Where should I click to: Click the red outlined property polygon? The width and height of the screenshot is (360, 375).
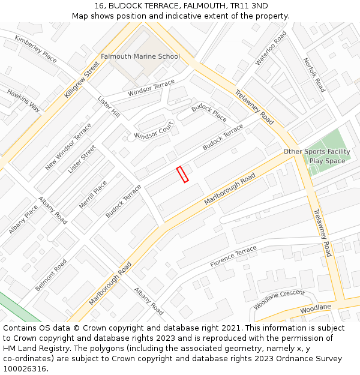(x=182, y=174)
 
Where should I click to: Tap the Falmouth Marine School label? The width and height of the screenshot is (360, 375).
(x=140, y=56)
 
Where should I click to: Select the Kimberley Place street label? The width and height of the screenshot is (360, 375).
(x=35, y=49)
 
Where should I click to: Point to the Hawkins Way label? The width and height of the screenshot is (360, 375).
(x=23, y=100)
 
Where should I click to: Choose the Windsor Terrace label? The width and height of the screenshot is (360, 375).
(x=151, y=88)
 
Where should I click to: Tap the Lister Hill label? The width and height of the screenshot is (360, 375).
(x=109, y=107)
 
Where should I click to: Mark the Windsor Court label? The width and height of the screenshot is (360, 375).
(x=154, y=128)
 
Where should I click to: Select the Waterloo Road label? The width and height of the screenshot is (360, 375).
(x=271, y=48)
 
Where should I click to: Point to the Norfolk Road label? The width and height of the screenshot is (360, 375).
(x=313, y=74)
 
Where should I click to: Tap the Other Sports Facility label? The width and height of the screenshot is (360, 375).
(x=317, y=152)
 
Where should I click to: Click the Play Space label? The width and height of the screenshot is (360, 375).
(x=327, y=161)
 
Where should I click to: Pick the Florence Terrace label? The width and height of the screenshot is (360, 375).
(x=233, y=257)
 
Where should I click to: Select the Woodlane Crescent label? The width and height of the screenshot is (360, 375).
(x=279, y=299)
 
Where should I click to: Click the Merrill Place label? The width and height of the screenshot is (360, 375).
(x=93, y=195)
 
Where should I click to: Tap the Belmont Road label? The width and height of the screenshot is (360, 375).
(x=51, y=275)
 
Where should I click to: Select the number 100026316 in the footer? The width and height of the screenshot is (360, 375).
(x=25, y=368)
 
